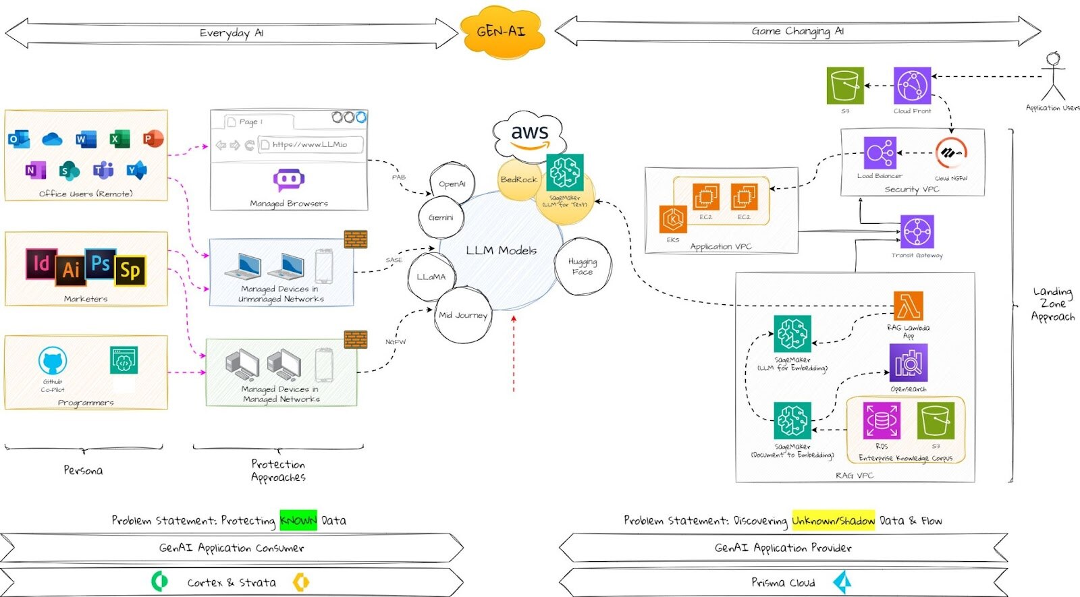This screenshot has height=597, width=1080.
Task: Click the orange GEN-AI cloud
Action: [x=502, y=31]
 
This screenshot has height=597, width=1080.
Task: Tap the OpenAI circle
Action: [x=452, y=183]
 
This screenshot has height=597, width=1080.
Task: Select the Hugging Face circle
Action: [x=583, y=266]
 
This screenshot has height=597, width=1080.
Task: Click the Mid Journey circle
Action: [x=463, y=315]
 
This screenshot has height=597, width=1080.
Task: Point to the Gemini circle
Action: [x=441, y=217]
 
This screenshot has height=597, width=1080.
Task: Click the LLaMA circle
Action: [x=431, y=277]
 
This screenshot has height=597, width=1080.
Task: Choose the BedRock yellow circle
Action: [x=518, y=179]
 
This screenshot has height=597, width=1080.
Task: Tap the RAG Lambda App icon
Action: [x=908, y=307]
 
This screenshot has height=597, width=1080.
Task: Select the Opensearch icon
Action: [x=908, y=363]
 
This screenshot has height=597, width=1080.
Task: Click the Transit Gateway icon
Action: [x=917, y=232]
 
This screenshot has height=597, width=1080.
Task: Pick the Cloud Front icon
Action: [x=912, y=85]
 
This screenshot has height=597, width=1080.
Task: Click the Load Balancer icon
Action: [x=880, y=153]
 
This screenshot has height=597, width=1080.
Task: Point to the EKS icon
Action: [x=673, y=219]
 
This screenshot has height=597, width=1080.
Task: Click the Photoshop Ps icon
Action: [x=101, y=263]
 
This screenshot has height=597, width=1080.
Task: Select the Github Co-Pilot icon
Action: [x=53, y=362]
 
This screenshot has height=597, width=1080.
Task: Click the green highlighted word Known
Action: [x=298, y=520]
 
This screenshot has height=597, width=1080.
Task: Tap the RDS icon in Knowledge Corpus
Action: [x=881, y=421]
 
